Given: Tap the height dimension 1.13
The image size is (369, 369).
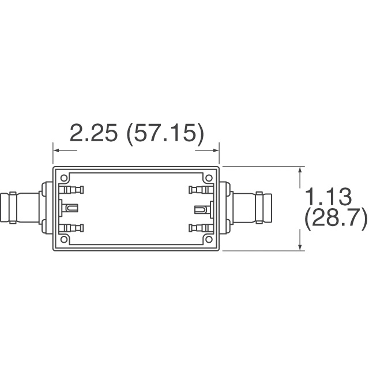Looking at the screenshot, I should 327,197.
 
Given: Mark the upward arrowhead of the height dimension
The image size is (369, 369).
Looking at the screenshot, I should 300,171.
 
